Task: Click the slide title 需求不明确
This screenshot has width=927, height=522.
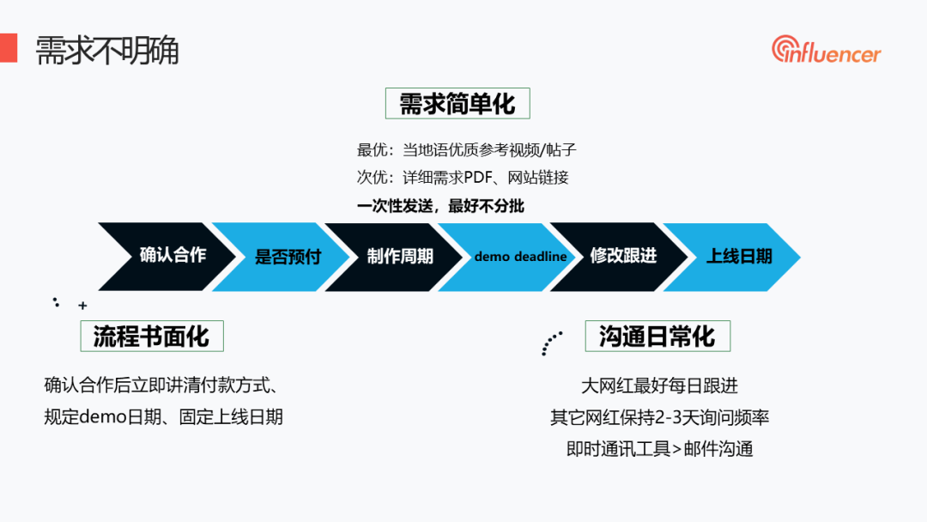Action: tap(106, 51)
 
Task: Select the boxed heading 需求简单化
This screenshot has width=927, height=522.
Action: tap(457, 104)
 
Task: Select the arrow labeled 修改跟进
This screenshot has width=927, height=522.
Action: tap(623, 256)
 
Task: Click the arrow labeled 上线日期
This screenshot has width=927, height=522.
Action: tap(738, 256)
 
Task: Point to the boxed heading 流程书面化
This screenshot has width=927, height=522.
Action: tap(151, 336)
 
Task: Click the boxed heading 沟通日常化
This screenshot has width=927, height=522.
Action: tap(657, 336)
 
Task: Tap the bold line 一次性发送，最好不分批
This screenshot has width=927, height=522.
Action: tap(440, 206)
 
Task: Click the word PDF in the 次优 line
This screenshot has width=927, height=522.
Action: tap(481, 178)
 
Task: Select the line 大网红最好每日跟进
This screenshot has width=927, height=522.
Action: tap(659, 386)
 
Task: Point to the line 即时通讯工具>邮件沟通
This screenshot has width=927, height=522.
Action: tap(659, 448)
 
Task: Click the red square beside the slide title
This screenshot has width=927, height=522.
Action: tap(8, 47)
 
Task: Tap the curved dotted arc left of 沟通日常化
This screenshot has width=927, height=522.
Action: tap(550, 343)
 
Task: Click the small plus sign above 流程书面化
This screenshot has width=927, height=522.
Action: tap(82, 305)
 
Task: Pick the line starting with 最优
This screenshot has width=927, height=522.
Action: tap(466, 150)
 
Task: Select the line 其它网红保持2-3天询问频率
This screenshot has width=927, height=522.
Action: tap(659, 417)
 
